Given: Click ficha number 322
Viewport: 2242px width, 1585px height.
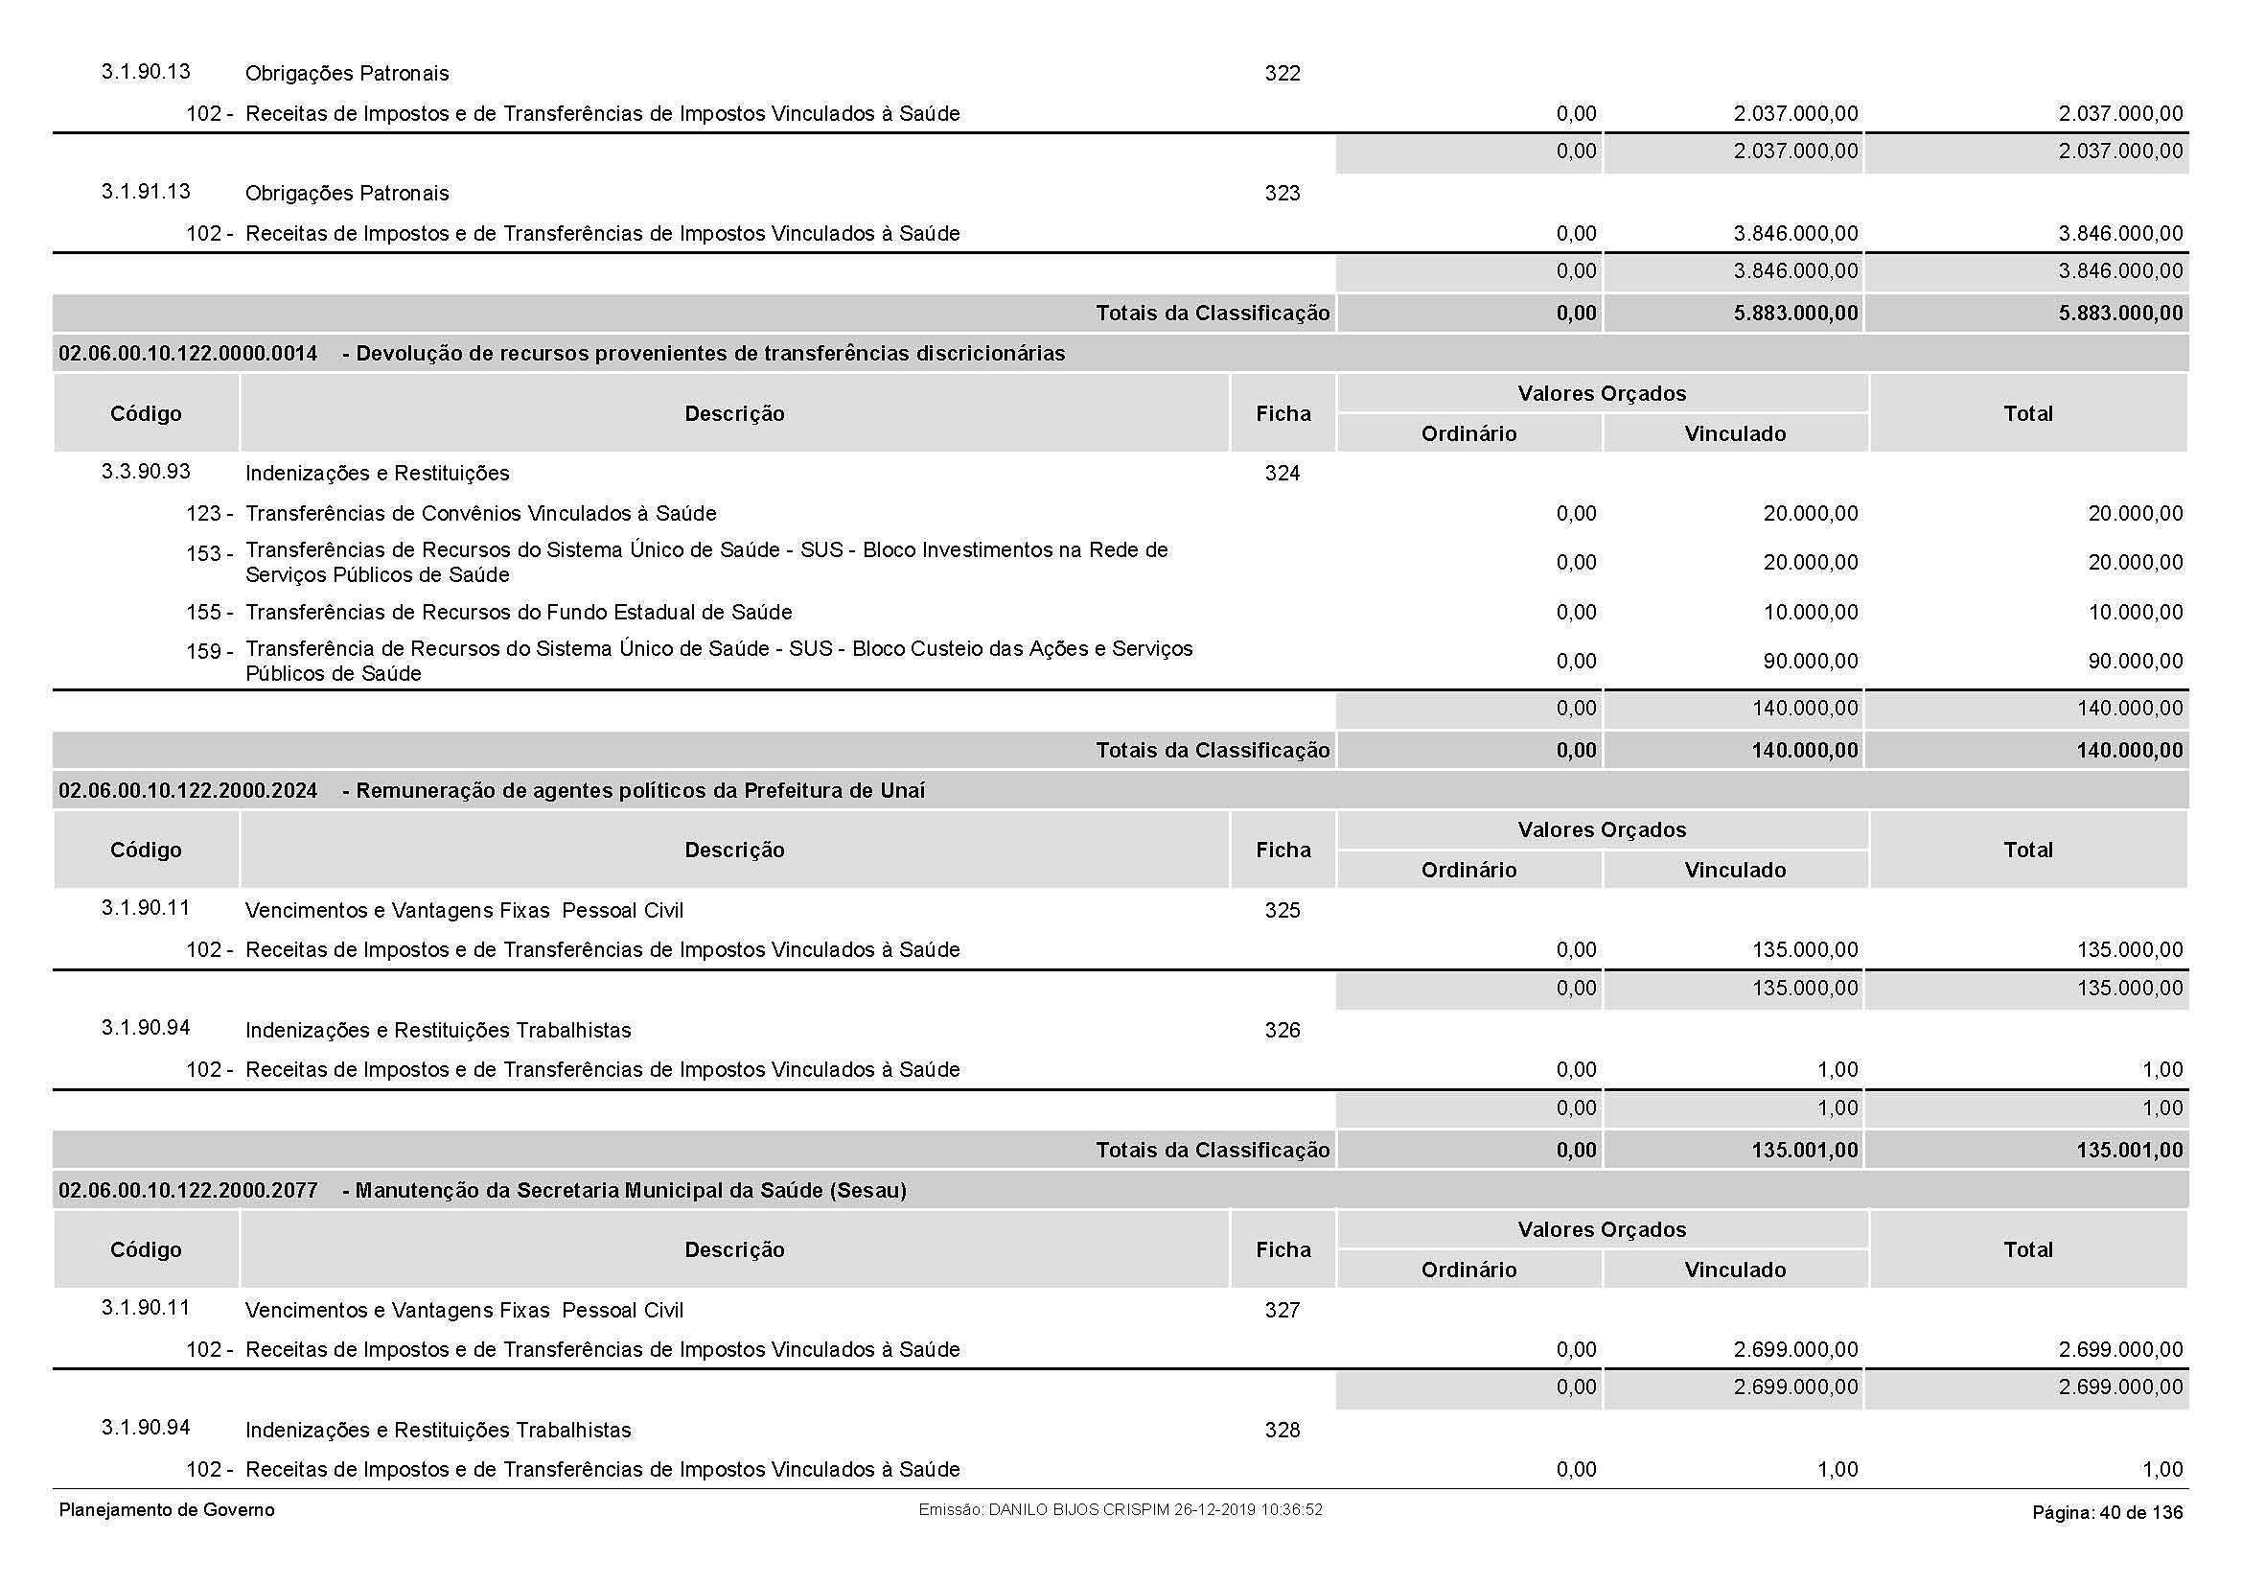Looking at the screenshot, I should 1283,74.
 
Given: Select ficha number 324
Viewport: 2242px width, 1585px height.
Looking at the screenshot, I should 1283,474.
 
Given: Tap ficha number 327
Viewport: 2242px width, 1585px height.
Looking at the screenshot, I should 1283,1311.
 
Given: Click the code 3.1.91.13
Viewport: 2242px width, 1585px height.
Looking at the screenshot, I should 146,192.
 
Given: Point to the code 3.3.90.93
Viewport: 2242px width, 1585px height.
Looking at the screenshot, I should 146,472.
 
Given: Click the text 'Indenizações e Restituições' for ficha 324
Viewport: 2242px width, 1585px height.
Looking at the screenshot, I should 377,474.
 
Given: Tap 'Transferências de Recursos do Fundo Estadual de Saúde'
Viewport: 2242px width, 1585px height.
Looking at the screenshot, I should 519,613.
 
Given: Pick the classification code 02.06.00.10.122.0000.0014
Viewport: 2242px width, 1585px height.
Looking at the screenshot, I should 189,354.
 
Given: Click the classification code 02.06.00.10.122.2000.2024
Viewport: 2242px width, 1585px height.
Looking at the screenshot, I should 189,790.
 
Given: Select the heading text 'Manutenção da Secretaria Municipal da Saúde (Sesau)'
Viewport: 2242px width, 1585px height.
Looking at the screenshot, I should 631,1191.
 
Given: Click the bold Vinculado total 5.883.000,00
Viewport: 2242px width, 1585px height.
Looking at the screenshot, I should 1795,314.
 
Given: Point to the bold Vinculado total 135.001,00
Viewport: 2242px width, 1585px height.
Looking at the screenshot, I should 1805,1151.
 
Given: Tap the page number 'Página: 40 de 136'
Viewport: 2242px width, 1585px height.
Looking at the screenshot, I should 2107,1513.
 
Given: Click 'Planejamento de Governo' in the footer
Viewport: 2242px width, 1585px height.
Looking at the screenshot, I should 167,1511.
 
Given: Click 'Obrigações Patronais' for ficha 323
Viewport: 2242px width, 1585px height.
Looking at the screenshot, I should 347,194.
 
